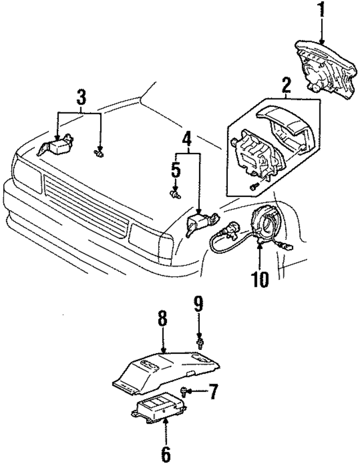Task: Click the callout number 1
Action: [321, 11]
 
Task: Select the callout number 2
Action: [286, 86]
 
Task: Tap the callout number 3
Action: [81, 97]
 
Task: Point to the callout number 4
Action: [186, 137]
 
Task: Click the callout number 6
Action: [166, 452]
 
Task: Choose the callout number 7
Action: [213, 392]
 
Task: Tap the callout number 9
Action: [199, 306]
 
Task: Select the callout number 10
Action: [260, 278]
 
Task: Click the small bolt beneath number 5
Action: [174, 194]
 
